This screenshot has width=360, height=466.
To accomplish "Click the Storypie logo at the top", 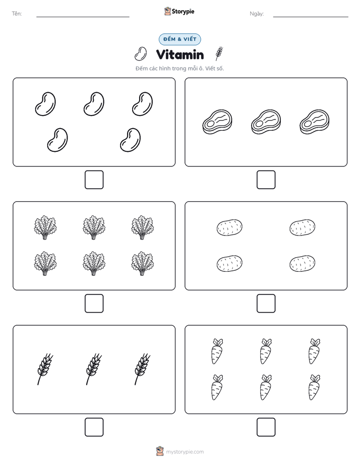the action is pos(179,12).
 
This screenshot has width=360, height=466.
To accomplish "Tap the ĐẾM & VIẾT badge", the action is pos(179,39).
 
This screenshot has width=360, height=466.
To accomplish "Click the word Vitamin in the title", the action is pos(180,54).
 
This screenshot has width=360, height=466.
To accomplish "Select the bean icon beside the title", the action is pos(141,54).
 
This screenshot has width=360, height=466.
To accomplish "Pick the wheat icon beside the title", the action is pos(219,53).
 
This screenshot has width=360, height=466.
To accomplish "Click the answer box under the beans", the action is pos(94,180).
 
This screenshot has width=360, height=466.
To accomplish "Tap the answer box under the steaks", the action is pos(266,180).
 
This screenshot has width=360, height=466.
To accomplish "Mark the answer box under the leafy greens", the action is pos(94,304).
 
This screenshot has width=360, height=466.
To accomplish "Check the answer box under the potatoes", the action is pos(266,304).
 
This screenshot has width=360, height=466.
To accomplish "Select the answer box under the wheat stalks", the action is pos(94,427).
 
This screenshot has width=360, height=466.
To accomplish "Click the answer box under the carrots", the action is pos(266,427).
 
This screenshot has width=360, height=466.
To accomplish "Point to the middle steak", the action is pos(266,122).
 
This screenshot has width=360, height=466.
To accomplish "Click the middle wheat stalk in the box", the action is pos(94,369).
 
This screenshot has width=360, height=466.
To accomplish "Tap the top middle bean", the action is pos(94,104).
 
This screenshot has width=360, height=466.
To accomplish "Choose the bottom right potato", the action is pos(303,263).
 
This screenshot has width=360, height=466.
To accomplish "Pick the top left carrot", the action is pos(217,351).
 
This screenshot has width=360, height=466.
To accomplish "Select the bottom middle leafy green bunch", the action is pos(94,263).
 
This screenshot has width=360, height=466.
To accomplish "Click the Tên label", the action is pos(17,14).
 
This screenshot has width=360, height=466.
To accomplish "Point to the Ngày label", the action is pos(257,14).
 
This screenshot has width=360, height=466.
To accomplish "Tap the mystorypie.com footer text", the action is pos(185,452).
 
